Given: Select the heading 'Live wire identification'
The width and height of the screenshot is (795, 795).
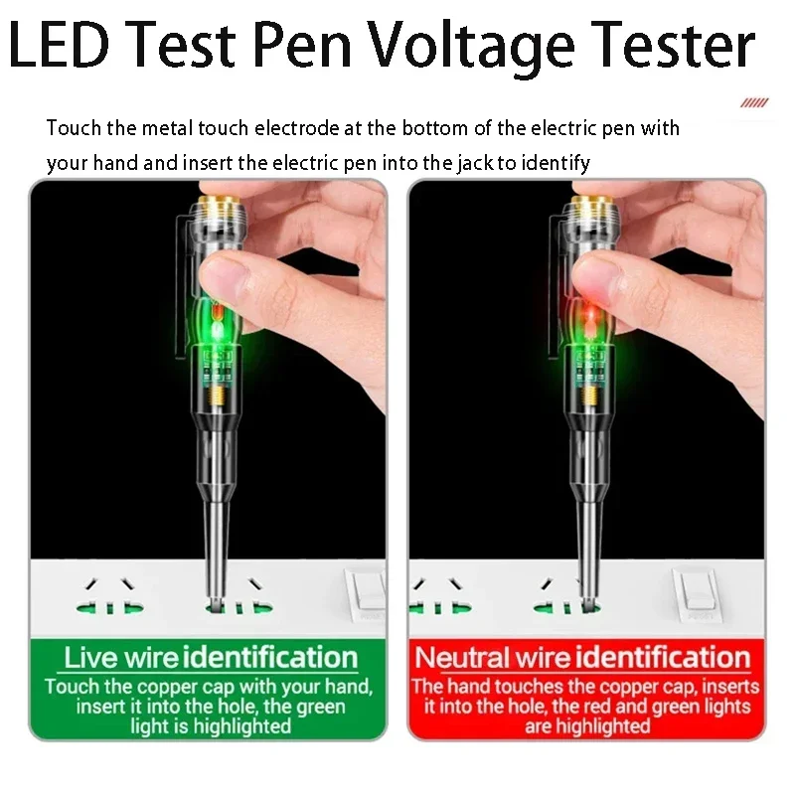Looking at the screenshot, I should (210, 658).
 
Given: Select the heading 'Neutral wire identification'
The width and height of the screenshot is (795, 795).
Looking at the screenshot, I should (582, 658).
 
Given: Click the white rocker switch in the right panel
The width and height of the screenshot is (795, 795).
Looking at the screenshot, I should (695, 594).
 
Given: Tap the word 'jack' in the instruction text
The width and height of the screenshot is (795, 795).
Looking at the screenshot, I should (477, 162).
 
